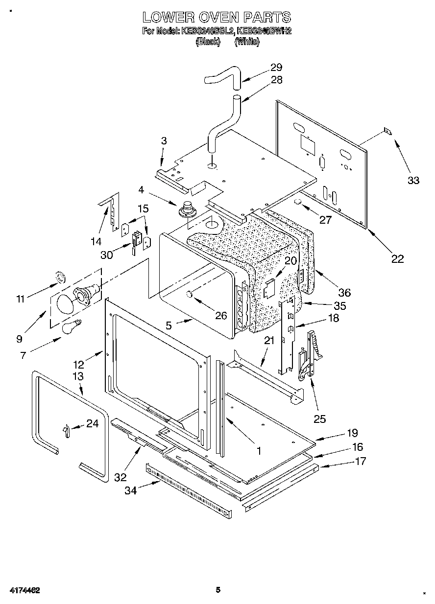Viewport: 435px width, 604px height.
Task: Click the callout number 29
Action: (x=276, y=68)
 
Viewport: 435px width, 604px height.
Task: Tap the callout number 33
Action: (x=413, y=180)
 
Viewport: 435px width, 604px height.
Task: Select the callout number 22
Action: (x=397, y=259)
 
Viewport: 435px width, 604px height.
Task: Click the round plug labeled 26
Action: (x=189, y=294)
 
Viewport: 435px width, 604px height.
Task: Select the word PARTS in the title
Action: (x=267, y=18)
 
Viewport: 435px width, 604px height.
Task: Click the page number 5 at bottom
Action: (x=218, y=590)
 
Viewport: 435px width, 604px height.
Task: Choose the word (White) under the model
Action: (x=247, y=42)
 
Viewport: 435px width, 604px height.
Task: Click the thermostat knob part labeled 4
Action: (x=187, y=209)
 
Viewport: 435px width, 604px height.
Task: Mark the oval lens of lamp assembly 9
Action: (x=64, y=305)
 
